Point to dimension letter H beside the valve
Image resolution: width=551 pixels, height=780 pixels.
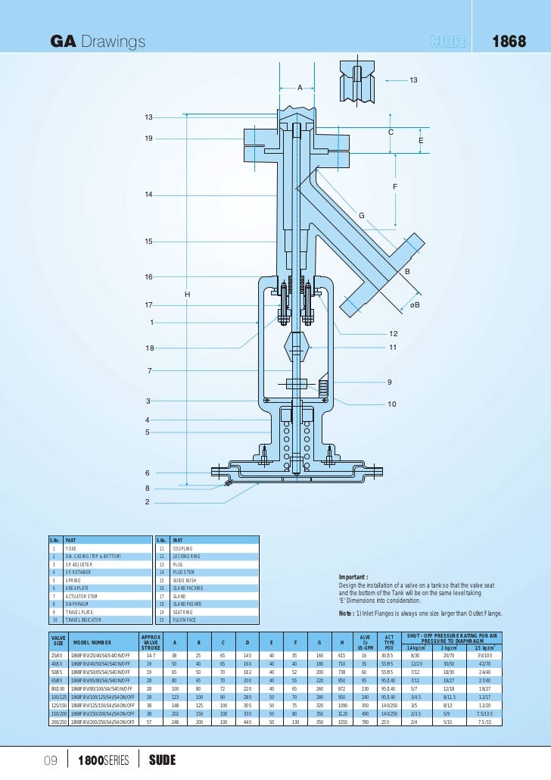point(187,294)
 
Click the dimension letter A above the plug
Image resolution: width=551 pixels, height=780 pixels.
point(300,89)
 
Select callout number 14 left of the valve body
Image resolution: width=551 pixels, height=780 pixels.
point(149,195)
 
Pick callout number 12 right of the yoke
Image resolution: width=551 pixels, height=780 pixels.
point(393,334)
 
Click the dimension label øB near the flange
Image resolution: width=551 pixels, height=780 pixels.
point(414,304)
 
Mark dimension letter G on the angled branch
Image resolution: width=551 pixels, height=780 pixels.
point(361,216)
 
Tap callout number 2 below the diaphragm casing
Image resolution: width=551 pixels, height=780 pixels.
point(149,501)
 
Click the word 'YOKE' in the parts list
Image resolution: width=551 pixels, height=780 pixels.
point(72,548)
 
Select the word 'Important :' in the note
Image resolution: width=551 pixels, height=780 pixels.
point(353,577)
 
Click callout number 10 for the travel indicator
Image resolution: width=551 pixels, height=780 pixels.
point(391,404)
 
